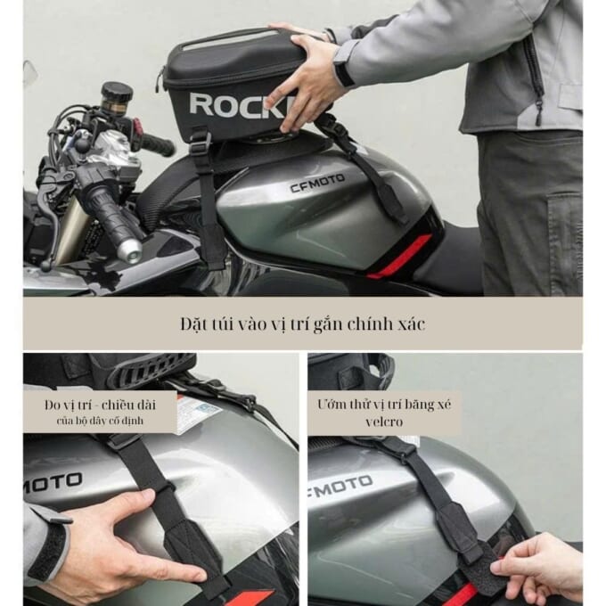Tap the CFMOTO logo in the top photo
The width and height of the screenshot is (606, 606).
pos(317,184)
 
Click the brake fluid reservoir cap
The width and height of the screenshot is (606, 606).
pos(118,91)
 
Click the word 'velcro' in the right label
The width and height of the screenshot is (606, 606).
pos(384,422)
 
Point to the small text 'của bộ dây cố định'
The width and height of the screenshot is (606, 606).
pos(100,421)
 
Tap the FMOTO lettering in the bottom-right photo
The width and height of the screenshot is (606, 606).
pos(340,486)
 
